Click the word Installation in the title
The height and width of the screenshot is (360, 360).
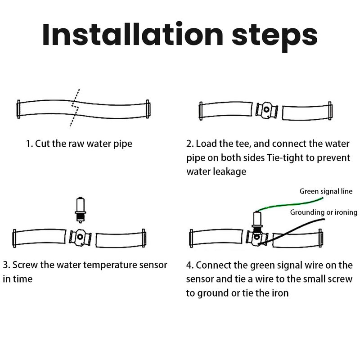point(132,35)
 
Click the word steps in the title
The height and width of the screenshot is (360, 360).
point(275,37)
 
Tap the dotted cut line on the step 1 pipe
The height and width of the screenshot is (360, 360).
point(75,108)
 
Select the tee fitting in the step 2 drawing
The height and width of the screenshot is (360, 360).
point(267,110)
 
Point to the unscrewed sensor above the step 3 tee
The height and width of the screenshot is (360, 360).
point(81,210)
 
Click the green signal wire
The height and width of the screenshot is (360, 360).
point(289,204)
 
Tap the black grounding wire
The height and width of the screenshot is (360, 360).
point(292,231)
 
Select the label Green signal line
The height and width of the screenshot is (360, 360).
point(326,192)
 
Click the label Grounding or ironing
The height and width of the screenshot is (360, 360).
point(324,212)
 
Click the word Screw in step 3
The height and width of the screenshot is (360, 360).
point(25,265)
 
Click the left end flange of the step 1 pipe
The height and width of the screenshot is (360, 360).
point(18,109)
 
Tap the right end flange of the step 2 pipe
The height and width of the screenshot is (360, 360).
point(330,111)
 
